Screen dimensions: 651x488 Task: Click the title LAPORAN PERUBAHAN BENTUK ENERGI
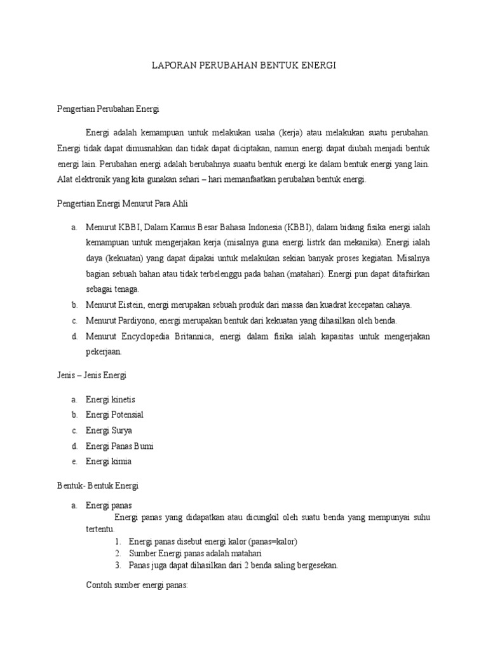[244, 65]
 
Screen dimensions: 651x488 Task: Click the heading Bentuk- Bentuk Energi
[97, 486]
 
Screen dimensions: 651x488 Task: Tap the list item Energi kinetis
[111, 399]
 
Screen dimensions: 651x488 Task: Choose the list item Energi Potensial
[114, 415]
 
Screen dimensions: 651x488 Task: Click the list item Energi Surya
[109, 430]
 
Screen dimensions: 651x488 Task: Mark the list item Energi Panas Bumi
[119, 446]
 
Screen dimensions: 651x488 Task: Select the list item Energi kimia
[109, 462]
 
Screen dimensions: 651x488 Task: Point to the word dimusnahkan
[132, 148]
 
